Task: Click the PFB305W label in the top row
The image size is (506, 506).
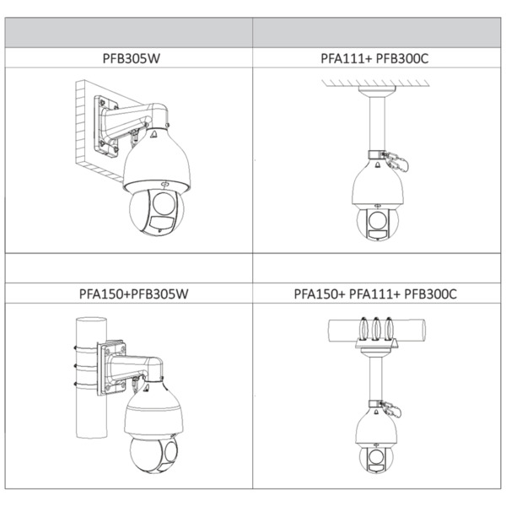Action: [131, 58]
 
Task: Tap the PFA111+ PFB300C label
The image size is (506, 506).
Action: [374, 58]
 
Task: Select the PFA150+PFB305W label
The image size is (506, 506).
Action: [133, 293]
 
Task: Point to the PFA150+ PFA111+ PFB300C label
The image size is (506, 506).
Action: [375, 293]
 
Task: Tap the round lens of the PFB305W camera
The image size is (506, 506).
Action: [164, 204]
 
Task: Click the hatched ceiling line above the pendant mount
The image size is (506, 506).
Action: [375, 83]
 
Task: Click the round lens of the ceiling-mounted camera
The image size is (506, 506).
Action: [377, 220]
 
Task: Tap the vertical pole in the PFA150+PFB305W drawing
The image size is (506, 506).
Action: [91, 378]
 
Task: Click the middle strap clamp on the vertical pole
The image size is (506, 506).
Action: [86, 366]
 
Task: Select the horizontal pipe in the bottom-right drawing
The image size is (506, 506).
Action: [377, 331]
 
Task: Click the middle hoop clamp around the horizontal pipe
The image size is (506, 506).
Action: [376, 329]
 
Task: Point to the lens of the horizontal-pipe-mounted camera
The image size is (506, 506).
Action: [375, 457]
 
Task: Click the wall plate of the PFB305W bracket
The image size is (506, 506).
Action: [105, 126]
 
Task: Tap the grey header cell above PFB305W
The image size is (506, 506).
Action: [129, 33]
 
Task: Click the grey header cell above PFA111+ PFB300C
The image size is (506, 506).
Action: [377, 33]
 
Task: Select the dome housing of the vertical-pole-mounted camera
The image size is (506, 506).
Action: [153, 410]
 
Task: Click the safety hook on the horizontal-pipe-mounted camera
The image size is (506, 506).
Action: [391, 409]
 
